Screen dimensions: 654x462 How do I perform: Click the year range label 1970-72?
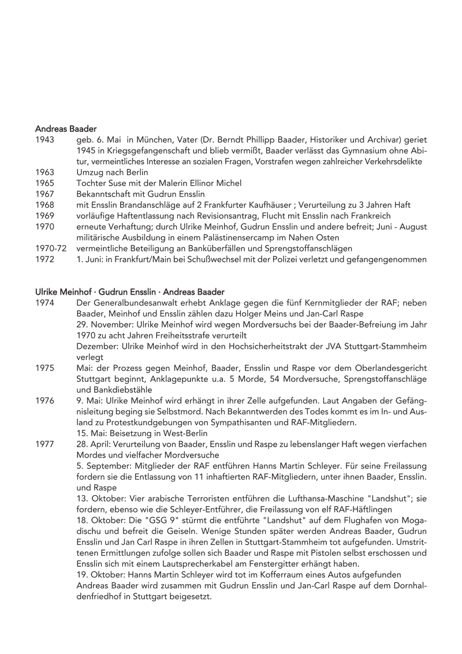click(50, 248)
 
